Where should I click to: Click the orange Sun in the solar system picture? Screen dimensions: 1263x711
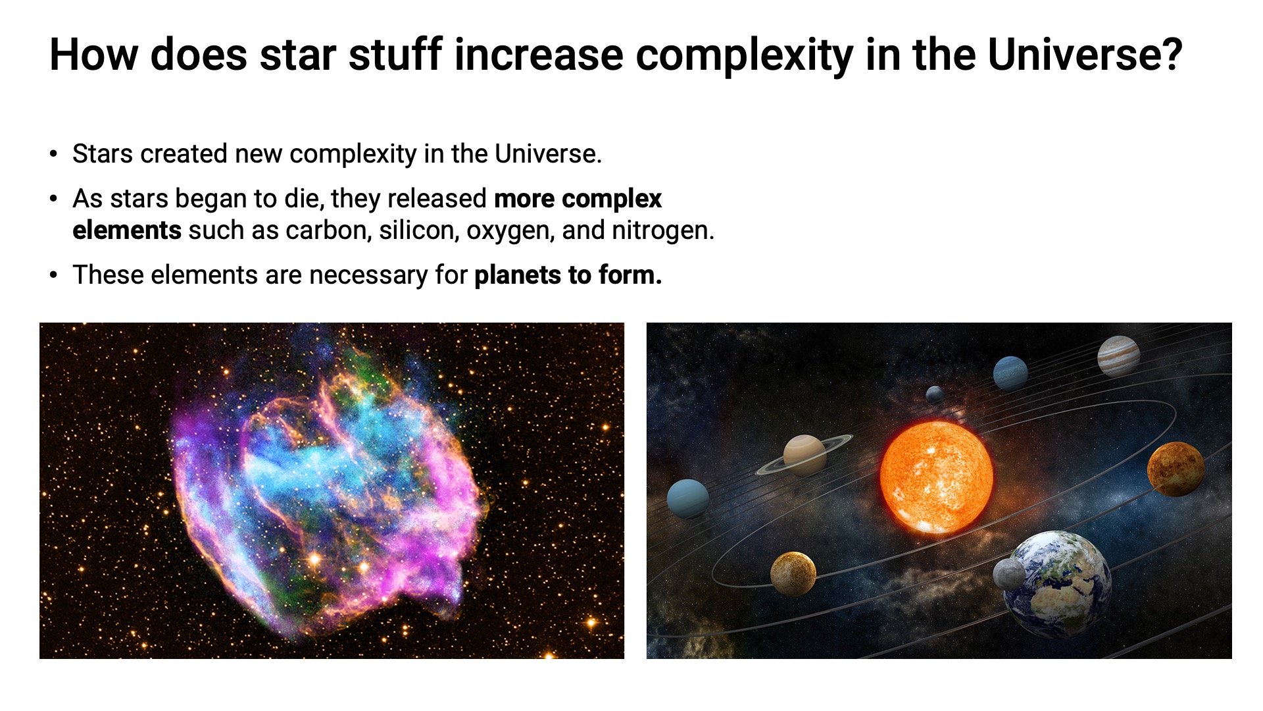[x=936, y=477]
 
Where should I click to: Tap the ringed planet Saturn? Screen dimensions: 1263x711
[x=805, y=454]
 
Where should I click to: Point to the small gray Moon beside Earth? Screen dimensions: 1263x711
[x=1008, y=574]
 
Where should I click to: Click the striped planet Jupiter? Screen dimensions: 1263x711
[x=1118, y=356]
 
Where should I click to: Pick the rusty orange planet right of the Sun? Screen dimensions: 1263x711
[x=1176, y=469]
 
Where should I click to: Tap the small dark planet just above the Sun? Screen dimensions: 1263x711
[x=935, y=395]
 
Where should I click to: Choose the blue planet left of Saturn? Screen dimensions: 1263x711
[x=688, y=499]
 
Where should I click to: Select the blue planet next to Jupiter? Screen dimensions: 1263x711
[x=1010, y=373]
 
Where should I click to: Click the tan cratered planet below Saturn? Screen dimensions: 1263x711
[x=793, y=574]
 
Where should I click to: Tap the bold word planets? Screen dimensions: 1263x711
[x=518, y=275]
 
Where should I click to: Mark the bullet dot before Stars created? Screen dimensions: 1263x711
[x=54, y=154]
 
